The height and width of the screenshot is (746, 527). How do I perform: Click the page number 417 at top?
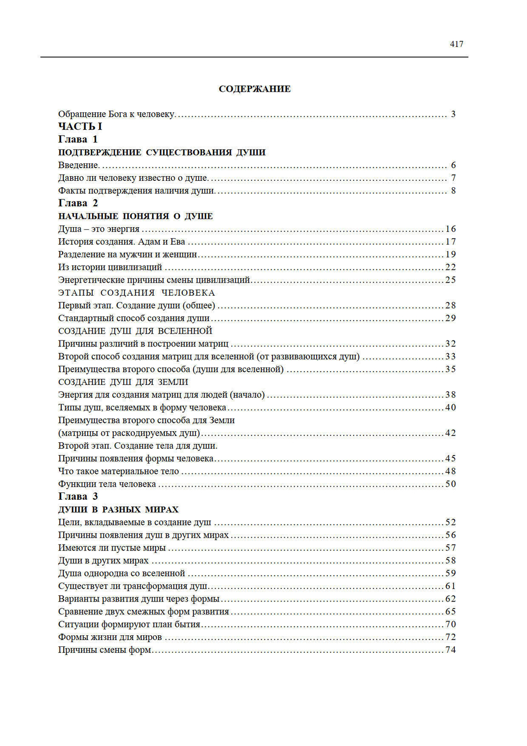coord(456,44)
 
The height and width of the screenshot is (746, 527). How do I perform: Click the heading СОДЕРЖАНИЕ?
coord(255,89)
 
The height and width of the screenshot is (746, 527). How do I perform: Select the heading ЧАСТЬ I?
coord(80,127)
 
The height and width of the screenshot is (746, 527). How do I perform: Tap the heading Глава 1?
coord(78,139)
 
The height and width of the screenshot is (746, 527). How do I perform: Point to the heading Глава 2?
coord(78,203)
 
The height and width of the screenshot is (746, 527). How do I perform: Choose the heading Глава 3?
coord(78,497)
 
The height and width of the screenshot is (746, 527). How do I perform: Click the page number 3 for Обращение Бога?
coord(453,114)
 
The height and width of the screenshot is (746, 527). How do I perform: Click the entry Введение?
coord(79,165)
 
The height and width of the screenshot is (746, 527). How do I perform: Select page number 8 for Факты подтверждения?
coord(453,190)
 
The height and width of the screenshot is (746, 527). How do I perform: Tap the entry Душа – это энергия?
coord(99,229)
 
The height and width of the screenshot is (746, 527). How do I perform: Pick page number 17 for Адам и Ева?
coord(451,241)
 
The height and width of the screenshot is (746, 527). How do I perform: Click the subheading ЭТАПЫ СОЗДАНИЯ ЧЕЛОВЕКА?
coord(136,293)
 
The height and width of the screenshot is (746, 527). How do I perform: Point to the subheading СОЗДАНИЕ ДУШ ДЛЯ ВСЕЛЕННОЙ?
coord(135,331)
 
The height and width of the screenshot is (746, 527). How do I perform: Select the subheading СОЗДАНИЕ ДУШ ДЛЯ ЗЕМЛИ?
coord(123,382)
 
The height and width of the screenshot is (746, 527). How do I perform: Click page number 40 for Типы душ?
coord(451,408)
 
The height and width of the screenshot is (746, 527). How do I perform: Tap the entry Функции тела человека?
coord(107,484)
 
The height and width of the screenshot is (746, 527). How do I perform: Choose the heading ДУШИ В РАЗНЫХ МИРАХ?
coord(118,509)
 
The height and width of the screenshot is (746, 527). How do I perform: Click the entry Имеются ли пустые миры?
coord(112,548)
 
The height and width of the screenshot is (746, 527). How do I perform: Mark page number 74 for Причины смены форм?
coord(451,650)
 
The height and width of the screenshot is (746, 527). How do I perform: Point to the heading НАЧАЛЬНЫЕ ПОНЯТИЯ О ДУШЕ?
coord(135,216)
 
